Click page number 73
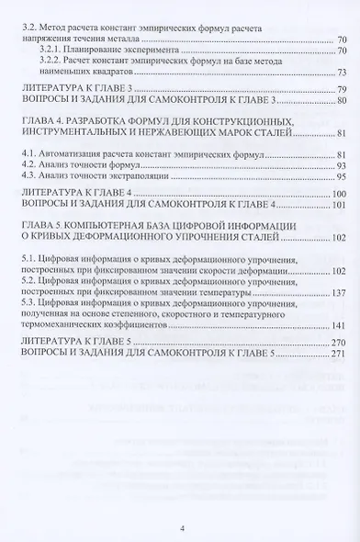point(340,72)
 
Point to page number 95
point(340,175)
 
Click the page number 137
point(337,293)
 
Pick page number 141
point(337,325)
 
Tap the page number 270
point(337,342)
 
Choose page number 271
point(337,354)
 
